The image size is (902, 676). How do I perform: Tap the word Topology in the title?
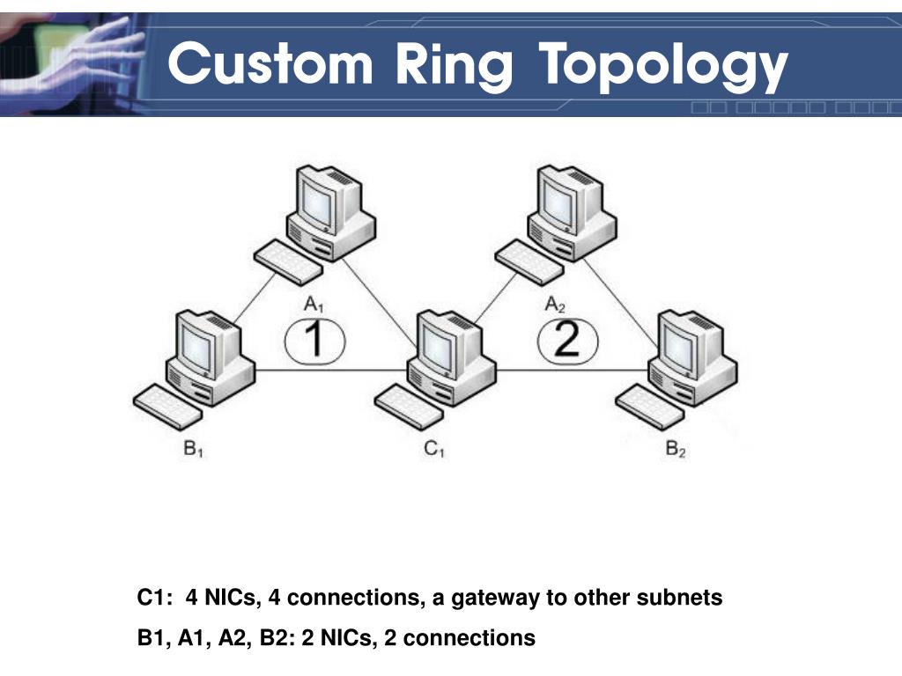point(663,67)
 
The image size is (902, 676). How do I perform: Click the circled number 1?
point(314,340)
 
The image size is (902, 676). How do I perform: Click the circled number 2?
point(566,340)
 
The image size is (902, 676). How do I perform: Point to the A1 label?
point(314,305)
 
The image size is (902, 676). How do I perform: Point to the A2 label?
point(555,305)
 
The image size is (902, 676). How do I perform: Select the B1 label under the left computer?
point(194,450)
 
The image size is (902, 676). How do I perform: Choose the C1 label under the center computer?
point(434,450)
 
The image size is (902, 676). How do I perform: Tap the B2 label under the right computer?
point(676,450)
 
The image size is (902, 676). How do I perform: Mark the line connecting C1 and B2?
point(573,371)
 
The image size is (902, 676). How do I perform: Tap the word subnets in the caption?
point(686,599)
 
